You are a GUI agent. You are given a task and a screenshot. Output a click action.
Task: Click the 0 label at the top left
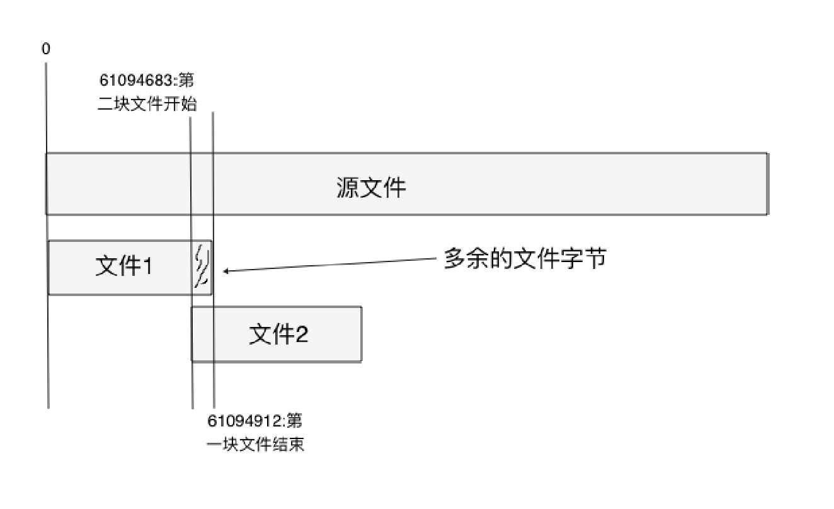(46, 49)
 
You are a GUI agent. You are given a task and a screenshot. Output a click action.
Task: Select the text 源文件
(371, 188)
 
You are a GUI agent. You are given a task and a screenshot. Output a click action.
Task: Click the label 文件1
(123, 266)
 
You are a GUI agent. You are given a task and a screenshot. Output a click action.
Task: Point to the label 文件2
(278, 334)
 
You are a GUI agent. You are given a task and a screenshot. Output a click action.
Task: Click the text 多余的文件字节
(525, 258)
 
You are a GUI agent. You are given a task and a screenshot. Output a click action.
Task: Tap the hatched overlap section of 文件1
(202, 267)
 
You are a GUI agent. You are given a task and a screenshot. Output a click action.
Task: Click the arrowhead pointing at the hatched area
(226, 272)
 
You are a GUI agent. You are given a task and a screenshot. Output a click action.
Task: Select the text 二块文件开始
(147, 104)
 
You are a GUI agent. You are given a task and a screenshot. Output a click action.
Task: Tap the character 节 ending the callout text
(595, 258)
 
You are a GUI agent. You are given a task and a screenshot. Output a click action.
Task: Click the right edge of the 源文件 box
(767, 183)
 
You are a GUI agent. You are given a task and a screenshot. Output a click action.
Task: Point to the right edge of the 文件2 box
(361, 334)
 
